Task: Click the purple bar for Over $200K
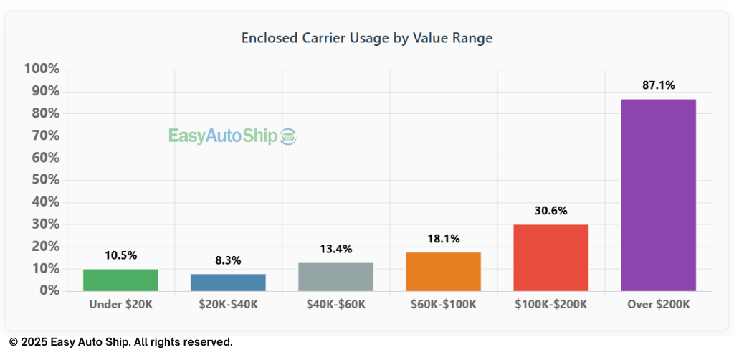click(658, 195)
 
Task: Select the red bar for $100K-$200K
click(550, 258)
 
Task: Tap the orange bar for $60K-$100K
click(443, 272)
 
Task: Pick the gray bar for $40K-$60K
click(335, 277)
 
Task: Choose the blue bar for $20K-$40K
click(228, 283)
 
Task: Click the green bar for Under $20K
click(120, 280)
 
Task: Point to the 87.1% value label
click(658, 85)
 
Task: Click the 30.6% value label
click(550, 211)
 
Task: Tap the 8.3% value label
click(228, 260)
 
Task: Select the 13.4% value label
click(335, 249)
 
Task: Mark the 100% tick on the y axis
click(42, 69)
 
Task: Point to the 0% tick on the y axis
click(48, 290)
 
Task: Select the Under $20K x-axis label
click(120, 304)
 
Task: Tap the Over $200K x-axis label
click(658, 304)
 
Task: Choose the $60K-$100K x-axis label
click(443, 304)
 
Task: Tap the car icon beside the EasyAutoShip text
click(288, 136)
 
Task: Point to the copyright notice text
click(120, 342)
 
